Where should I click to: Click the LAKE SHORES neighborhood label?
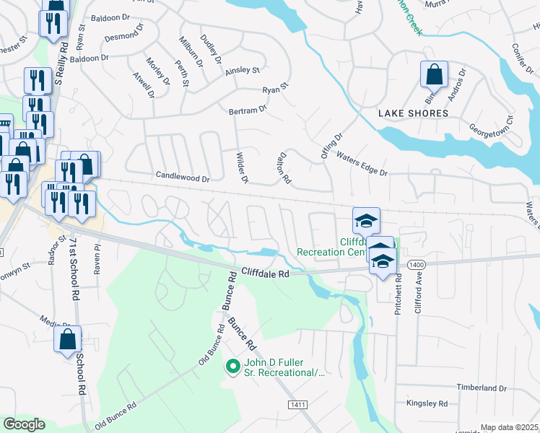click(x=413, y=113)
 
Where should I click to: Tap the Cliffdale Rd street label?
click(x=264, y=274)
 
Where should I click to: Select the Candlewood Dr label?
click(x=183, y=176)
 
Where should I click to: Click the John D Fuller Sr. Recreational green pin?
click(x=232, y=367)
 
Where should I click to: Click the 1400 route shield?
click(x=416, y=266)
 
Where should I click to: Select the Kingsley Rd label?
click(x=427, y=403)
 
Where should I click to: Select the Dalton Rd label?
click(x=284, y=167)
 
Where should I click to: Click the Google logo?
click(x=24, y=424)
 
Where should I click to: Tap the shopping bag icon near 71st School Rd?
click(x=67, y=339)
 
